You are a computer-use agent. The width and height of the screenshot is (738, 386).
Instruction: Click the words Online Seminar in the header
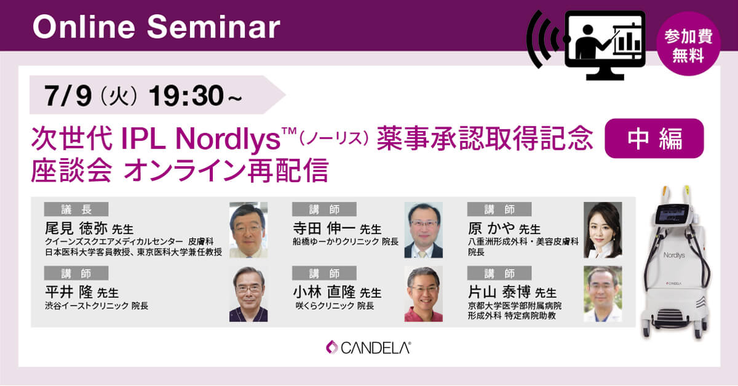coord(156,27)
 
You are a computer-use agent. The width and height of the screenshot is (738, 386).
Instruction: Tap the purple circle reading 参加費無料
coord(688,44)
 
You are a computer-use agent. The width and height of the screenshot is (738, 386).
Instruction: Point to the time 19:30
coord(186,95)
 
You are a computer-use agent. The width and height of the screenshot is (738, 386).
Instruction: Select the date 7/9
coord(68,95)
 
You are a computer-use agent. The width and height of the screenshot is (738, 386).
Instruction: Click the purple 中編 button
coord(654,139)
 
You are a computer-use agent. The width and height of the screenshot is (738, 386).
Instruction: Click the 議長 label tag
coord(76,209)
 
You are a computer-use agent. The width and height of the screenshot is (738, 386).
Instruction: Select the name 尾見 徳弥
coord(76,228)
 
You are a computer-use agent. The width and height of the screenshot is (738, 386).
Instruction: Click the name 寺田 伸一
coord(324,228)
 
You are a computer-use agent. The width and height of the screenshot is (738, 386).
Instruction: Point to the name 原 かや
coord(491,228)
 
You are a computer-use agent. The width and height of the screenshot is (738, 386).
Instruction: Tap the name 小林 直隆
coord(324,292)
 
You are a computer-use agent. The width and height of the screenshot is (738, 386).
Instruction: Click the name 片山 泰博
coord(499,292)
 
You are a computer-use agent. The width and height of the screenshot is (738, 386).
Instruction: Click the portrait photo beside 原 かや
coord(603,230)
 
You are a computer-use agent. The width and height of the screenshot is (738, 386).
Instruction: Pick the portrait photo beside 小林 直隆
coord(423,294)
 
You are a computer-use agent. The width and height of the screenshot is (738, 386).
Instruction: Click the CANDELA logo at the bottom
coord(368,347)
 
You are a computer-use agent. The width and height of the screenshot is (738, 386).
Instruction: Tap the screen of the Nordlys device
coord(672,214)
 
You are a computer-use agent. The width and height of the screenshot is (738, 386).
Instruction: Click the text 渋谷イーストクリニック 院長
coord(97,306)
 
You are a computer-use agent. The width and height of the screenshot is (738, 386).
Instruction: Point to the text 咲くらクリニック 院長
coord(335,306)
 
